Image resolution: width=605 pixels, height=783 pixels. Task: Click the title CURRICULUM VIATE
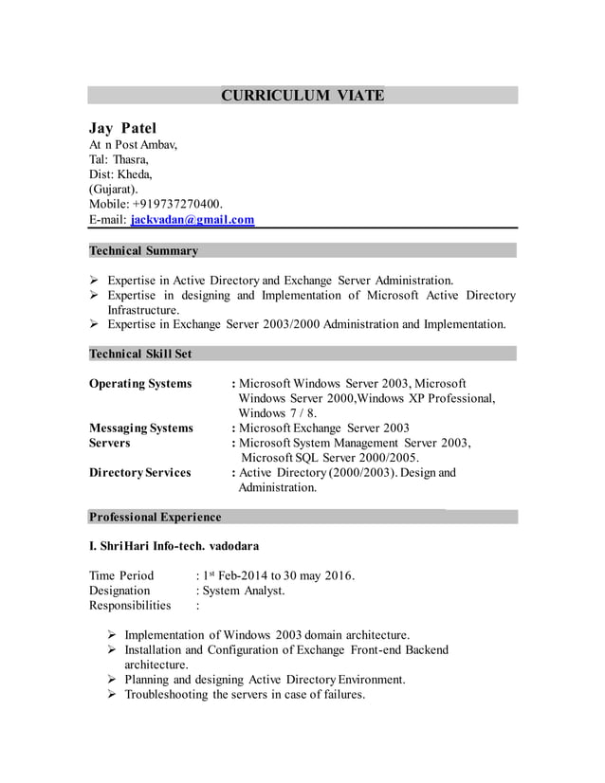[x=302, y=95]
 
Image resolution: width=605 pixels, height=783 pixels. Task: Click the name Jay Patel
[x=123, y=128]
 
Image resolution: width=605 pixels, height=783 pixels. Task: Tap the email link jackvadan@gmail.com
[x=192, y=220]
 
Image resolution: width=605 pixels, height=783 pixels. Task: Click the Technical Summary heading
[x=143, y=251]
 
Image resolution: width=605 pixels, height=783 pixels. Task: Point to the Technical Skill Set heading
[x=140, y=354]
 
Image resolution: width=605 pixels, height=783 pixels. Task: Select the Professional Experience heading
[x=155, y=517]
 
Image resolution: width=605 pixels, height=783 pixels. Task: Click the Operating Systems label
[x=140, y=384]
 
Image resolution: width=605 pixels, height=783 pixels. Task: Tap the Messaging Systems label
[x=140, y=428]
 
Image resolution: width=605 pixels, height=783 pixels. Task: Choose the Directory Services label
[x=139, y=472]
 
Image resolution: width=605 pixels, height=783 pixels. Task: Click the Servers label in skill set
[x=110, y=443]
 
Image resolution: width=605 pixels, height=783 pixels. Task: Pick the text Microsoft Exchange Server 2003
[x=323, y=428]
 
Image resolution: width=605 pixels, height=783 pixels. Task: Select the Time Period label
[x=121, y=575]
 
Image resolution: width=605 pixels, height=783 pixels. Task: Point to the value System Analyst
[x=243, y=591]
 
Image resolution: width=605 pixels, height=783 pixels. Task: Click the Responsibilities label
[x=130, y=605]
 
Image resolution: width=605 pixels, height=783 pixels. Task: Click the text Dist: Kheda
[x=120, y=174]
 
